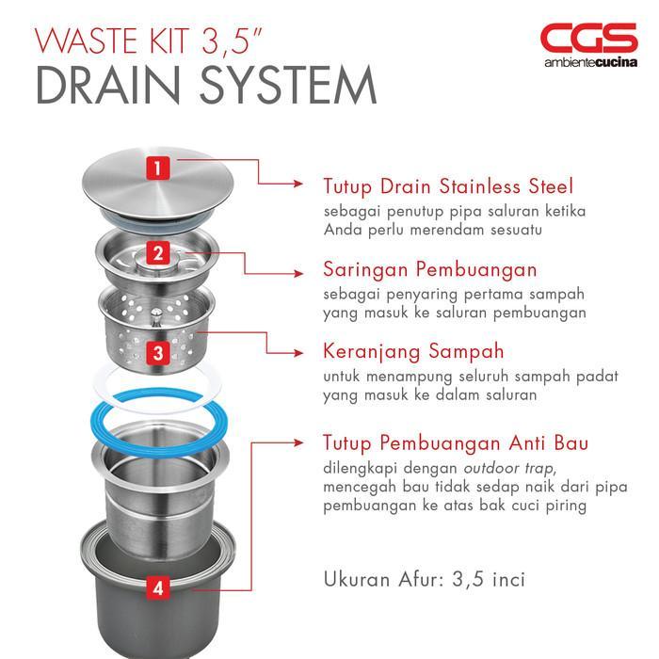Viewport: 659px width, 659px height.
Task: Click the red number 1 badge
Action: pos(159,169)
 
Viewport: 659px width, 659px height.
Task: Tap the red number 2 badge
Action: pos(159,252)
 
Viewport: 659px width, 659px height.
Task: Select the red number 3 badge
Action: pos(159,352)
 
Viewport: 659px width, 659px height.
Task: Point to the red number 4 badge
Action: pos(159,588)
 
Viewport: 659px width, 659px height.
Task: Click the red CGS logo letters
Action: pos(588,39)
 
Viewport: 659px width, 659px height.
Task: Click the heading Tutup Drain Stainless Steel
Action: pos(447,186)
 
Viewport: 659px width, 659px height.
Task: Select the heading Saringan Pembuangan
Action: pos(429,269)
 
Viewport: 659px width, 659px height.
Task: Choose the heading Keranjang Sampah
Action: pos(412,352)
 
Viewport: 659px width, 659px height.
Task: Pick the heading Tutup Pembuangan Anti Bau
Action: pos(456,442)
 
